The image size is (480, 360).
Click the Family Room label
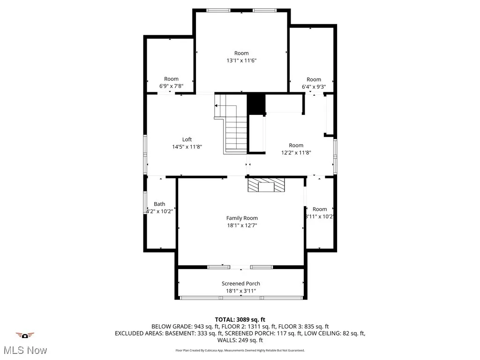(x=242, y=218)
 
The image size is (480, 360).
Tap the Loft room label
(x=187, y=139)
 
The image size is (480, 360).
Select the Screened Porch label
(x=240, y=284)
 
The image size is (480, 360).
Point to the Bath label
(x=159, y=204)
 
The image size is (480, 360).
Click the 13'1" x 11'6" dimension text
(x=241, y=60)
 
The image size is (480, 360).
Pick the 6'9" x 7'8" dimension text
(x=171, y=86)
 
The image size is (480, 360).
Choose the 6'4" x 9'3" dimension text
(x=314, y=87)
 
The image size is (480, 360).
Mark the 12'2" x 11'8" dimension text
(x=296, y=152)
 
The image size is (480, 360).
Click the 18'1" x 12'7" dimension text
(x=242, y=225)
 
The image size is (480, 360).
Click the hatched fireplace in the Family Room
(x=266, y=185)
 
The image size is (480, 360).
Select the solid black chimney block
(x=256, y=104)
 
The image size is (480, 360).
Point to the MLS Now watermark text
(x=25, y=350)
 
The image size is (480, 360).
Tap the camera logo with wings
(x=25, y=336)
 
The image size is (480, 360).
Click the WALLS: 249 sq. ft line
(x=240, y=340)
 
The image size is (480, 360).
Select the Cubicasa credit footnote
(x=240, y=350)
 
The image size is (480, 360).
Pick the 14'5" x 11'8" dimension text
(x=187, y=147)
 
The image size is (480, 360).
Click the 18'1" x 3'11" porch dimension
(x=240, y=291)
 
